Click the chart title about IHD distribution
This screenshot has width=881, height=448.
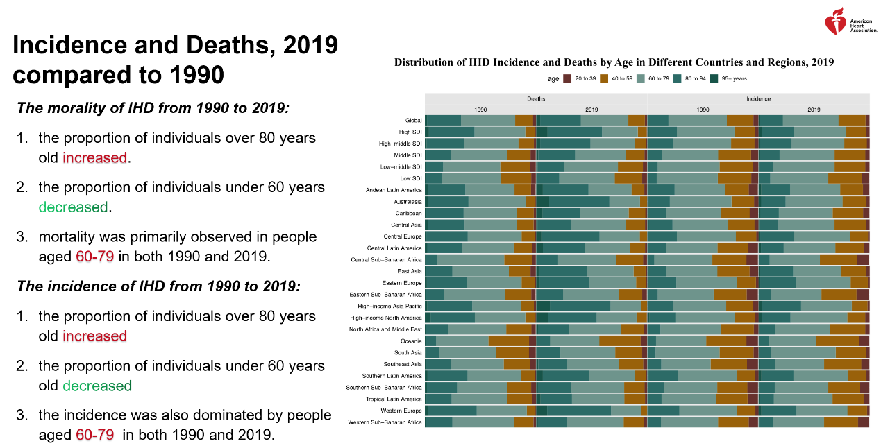tap(614, 62)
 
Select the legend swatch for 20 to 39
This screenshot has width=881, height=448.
tap(567, 79)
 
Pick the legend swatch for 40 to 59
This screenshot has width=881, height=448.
tap(604, 79)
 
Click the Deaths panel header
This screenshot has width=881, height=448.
tap(536, 99)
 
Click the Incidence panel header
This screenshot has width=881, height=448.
tap(758, 99)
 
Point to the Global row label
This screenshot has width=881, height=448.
tap(413, 120)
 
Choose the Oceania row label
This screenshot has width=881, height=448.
tap(411, 341)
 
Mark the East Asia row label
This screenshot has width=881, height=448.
tap(410, 271)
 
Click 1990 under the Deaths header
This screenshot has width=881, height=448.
tap(480, 110)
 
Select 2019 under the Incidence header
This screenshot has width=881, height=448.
tap(814, 110)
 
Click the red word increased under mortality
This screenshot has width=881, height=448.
tap(94, 158)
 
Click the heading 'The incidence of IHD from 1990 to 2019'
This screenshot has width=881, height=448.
tap(158, 286)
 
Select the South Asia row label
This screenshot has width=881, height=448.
tap(408, 352)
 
